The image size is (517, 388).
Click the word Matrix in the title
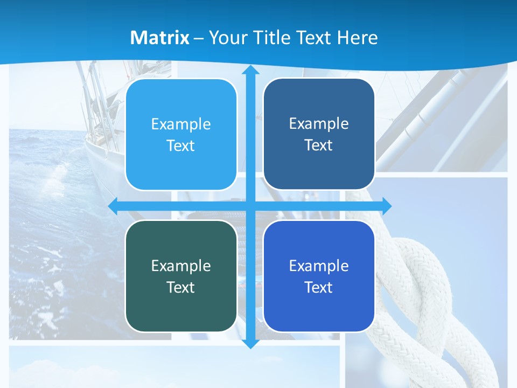[x=160, y=38]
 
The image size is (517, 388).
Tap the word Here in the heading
[x=357, y=38]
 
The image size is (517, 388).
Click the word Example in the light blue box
[x=181, y=124]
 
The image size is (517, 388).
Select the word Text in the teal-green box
[x=181, y=287]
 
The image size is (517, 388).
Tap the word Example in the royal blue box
[x=319, y=266]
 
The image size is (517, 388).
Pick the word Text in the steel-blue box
[x=319, y=145]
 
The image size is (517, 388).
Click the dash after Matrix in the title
[x=199, y=38]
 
